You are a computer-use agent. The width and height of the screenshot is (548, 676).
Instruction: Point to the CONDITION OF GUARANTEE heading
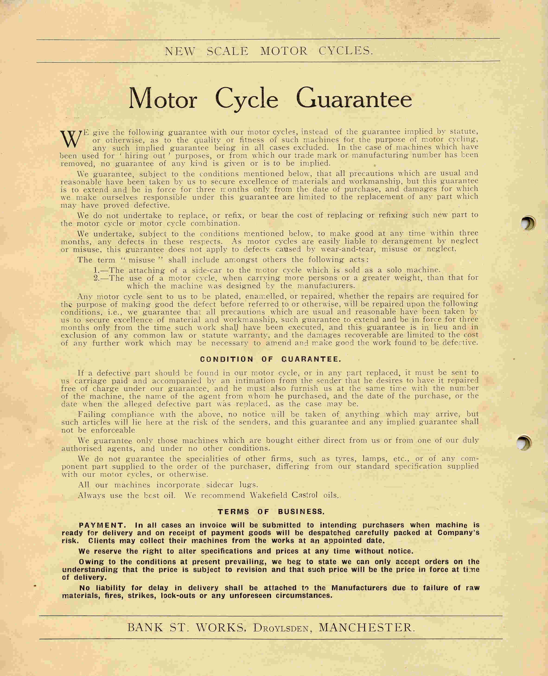point(271,359)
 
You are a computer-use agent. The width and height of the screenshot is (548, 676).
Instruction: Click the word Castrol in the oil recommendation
point(305,495)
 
